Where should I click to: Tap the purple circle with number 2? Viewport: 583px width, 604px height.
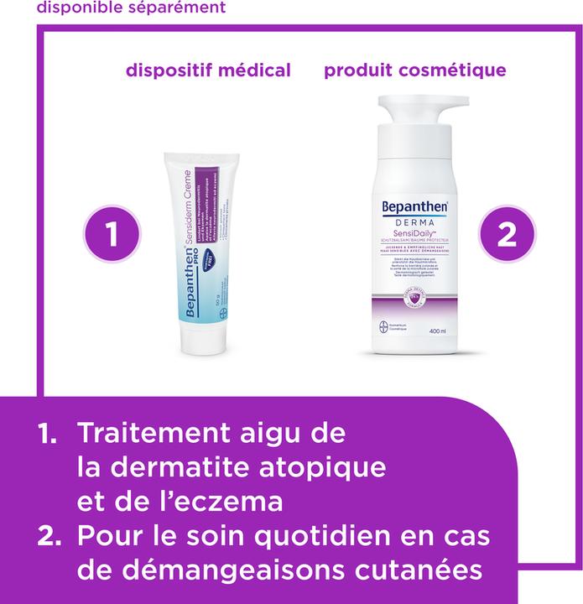506,233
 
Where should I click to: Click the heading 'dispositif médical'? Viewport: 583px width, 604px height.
208,70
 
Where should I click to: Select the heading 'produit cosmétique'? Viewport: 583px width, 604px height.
415,70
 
